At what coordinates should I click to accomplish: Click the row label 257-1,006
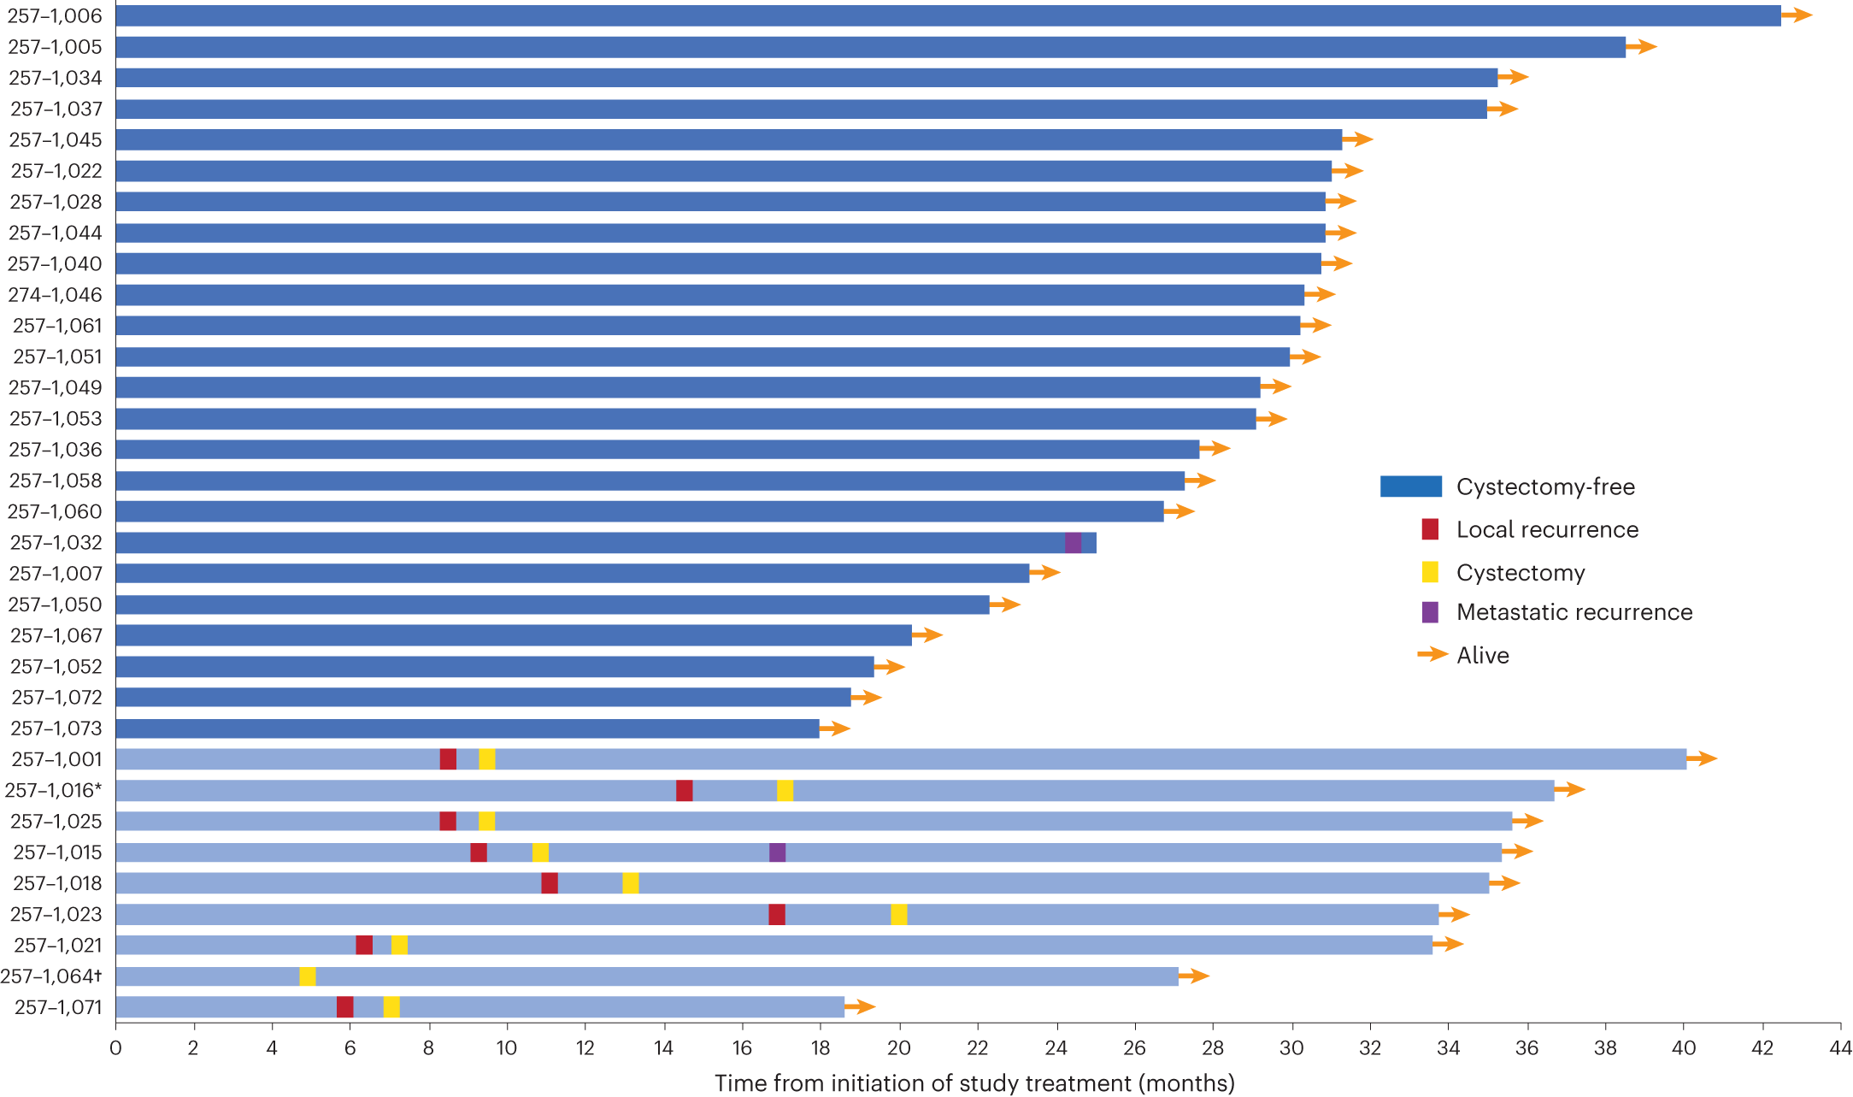[55, 15]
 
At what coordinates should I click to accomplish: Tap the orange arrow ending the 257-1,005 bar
[1641, 47]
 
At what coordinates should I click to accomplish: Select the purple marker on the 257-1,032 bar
[1073, 543]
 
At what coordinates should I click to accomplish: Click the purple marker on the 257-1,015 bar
[777, 852]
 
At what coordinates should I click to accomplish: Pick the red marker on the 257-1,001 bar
[448, 759]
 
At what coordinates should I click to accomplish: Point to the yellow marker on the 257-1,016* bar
[785, 791]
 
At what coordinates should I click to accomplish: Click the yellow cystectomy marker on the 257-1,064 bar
[307, 976]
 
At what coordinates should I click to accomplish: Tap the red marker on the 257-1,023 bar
[776, 915]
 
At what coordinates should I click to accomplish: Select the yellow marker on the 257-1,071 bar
[391, 1007]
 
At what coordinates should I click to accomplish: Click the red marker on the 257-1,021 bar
[364, 945]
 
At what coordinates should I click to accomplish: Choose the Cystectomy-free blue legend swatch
[1410, 487]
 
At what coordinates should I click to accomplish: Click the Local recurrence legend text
[1547, 530]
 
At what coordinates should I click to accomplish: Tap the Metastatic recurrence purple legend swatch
[1430, 612]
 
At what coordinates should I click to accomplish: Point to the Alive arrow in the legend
[1432, 655]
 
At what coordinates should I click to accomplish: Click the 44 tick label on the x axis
[1839, 1048]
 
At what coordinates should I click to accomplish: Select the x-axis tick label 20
[898, 1048]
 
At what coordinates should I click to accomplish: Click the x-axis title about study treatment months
[974, 1083]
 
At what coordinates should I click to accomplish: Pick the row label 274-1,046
[55, 295]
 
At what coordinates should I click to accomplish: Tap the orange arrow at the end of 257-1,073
[834, 728]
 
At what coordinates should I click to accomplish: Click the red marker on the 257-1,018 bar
[550, 883]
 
